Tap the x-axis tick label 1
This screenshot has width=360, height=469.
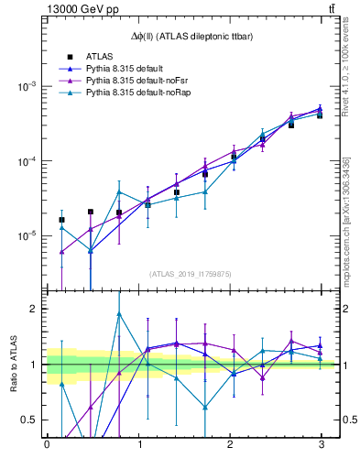(x=138, y=444)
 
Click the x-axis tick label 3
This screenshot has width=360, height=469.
(x=321, y=444)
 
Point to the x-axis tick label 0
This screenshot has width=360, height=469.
(x=47, y=444)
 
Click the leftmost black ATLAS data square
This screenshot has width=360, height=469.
(x=61, y=220)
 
